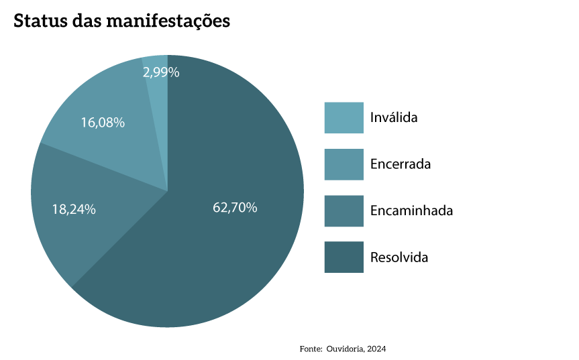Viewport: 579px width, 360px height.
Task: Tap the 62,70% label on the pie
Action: click(235, 207)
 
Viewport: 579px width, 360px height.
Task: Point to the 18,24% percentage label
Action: click(74, 209)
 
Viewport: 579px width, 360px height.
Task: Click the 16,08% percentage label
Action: click(103, 123)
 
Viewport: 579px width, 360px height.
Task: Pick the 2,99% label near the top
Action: click(161, 72)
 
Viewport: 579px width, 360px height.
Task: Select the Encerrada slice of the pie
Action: click(114, 144)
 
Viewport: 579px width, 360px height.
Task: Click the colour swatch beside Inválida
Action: click(344, 118)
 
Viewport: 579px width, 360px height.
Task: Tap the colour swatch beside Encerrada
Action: click(344, 164)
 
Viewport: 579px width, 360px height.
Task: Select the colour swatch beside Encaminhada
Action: click(344, 211)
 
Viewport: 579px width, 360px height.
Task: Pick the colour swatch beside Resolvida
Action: click(344, 257)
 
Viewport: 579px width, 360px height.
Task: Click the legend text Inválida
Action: click(394, 118)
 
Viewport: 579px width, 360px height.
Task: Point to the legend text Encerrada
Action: click(401, 164)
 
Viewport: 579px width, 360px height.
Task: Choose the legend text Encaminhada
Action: click(411, 211)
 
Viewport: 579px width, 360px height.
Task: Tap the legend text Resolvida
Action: click(399, 257)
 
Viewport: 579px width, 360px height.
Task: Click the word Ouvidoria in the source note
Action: click(345, 349)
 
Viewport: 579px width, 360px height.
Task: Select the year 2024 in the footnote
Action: click(377, 349)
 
